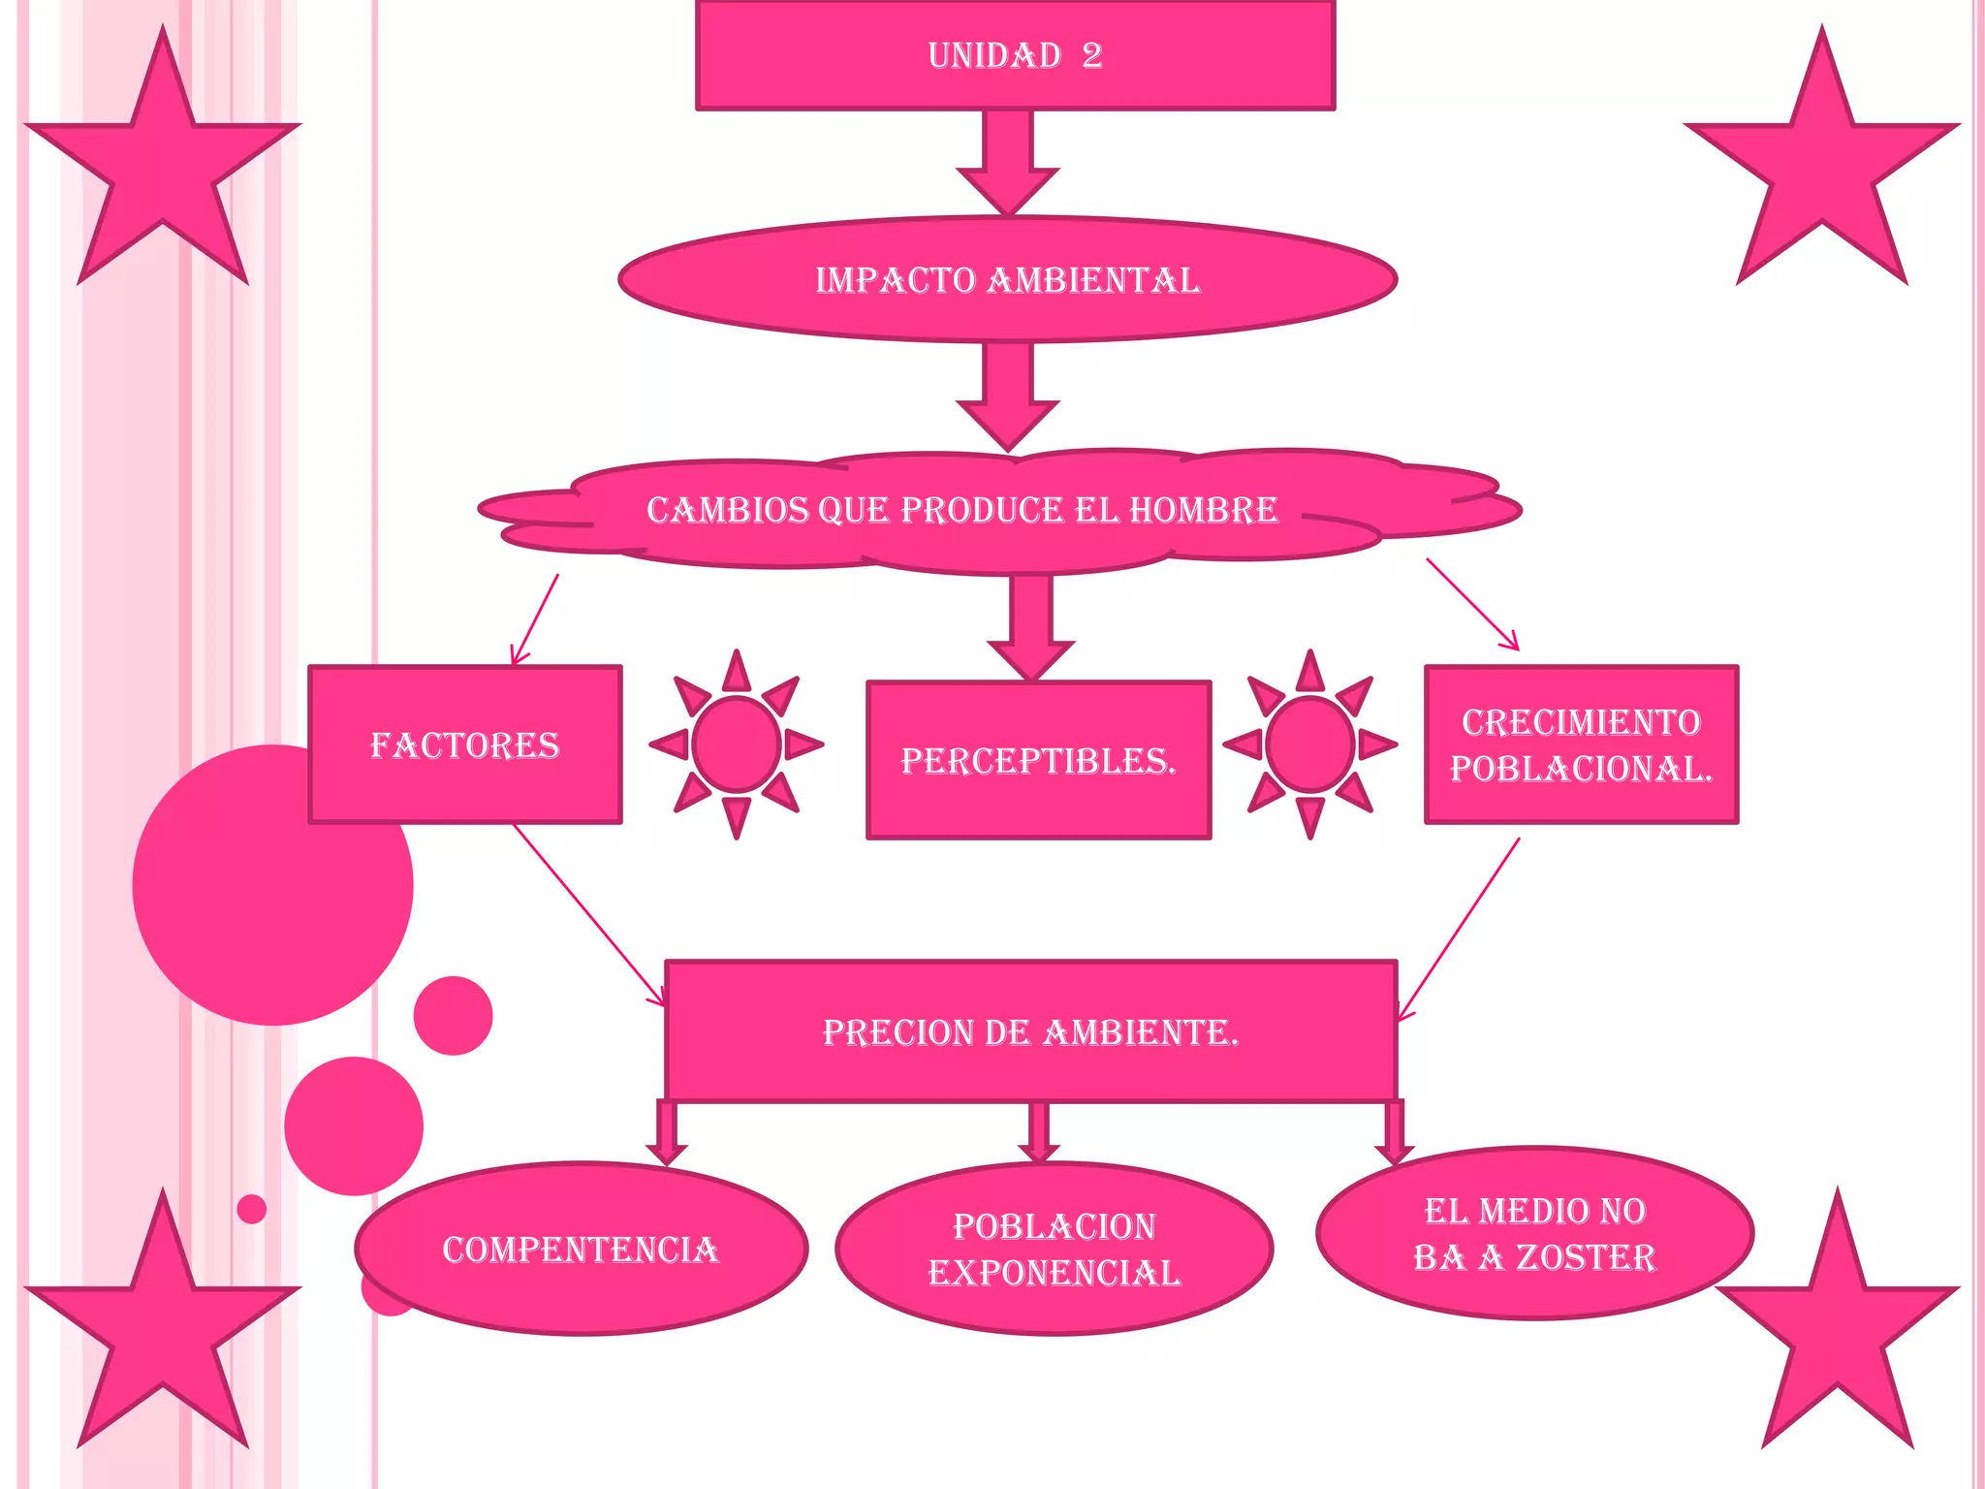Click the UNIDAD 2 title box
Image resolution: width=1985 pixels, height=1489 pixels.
tap(1015, 55)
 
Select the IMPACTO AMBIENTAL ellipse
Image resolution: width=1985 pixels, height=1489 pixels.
tap(1007, 280)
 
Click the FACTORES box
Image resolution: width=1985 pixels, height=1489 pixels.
tap(465, 744)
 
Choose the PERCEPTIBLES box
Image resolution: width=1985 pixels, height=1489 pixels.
tap(1038, 761)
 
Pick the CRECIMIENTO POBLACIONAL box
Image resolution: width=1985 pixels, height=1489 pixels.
tap(1581, 744)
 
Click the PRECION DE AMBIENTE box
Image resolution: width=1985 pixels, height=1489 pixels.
tap(1030, 1031)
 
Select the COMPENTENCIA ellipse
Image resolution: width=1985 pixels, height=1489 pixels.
tap(581, 1249)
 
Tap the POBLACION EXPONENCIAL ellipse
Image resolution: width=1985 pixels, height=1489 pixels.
tap(1054, 1249)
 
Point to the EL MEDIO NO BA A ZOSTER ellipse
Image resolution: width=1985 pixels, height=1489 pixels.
tap(1534, 1233)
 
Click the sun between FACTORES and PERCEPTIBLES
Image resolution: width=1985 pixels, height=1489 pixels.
tap(737, 744)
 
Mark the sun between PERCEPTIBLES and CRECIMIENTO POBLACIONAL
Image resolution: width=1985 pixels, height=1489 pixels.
tap(1309, 744)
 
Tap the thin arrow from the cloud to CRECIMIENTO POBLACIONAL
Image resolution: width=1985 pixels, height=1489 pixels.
tap(1471, 603)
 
